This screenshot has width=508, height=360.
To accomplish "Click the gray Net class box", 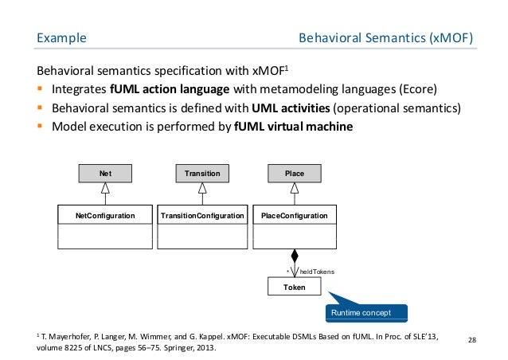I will tap(105, 172).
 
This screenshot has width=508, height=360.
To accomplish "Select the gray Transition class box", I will tap(202, 172).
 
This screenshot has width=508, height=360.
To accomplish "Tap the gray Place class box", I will tap(295, 172).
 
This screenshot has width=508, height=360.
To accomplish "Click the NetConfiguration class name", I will tap(105, 215).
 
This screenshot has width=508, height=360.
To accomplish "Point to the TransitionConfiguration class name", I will tap(202, 215).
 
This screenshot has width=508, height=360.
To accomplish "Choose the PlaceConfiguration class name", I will tap(295, 215).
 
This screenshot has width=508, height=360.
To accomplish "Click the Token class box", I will tap(295, 289).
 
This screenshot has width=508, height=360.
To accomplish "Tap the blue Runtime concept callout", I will tap(365, 311).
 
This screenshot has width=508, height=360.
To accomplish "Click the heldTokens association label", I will tap(317, 272).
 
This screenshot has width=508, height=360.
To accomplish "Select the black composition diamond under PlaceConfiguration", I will tap(295, 256).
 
